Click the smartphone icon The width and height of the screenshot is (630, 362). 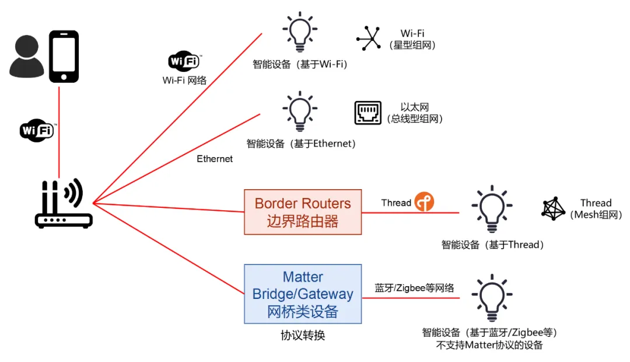(63, 57)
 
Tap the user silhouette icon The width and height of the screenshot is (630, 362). (26, 57)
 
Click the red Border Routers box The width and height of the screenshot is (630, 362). (302, 212)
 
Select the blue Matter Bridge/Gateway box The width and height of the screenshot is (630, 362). (302, 294)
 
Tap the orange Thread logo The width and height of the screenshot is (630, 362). (424, 202)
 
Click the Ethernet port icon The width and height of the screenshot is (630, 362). (367, 113)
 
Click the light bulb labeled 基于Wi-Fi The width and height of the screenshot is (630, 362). (300, 32)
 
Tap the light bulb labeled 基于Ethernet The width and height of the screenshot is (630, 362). (300, 110)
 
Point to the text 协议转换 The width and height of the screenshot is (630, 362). (302, 336)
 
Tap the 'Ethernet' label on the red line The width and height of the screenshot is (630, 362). (215, 159)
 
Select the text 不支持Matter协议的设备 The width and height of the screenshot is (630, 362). (490, 345)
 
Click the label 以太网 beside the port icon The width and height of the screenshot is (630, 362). (415, 107)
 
